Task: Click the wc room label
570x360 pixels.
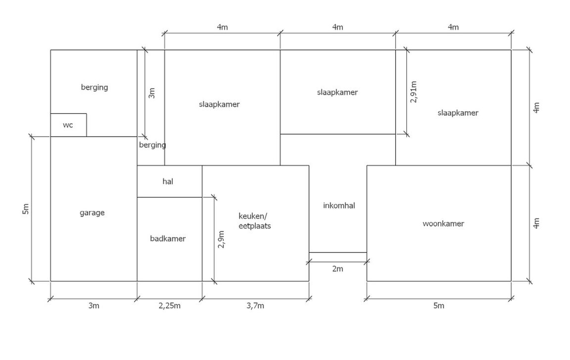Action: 68,125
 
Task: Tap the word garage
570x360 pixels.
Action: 92,213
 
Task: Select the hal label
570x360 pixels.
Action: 168,181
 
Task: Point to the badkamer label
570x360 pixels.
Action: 168,239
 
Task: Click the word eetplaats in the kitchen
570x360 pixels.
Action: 254,226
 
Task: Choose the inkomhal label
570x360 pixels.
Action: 339,206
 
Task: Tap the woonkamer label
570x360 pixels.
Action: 443,224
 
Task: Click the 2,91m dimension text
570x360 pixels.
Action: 413,92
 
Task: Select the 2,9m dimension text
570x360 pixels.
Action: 221,239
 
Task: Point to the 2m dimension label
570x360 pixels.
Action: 337,269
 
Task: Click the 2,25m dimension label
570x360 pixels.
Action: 169,306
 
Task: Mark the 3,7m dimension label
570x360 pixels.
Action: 255,306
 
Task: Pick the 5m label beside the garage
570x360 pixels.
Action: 25,209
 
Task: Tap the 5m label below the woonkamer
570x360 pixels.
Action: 438,306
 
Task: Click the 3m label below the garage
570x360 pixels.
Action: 94,306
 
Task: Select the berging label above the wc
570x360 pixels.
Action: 94,87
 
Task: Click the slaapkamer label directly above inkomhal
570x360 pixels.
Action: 337,93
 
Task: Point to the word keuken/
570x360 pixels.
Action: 253,216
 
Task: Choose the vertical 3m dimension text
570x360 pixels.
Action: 151,93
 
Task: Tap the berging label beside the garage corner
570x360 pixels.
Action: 152,145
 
